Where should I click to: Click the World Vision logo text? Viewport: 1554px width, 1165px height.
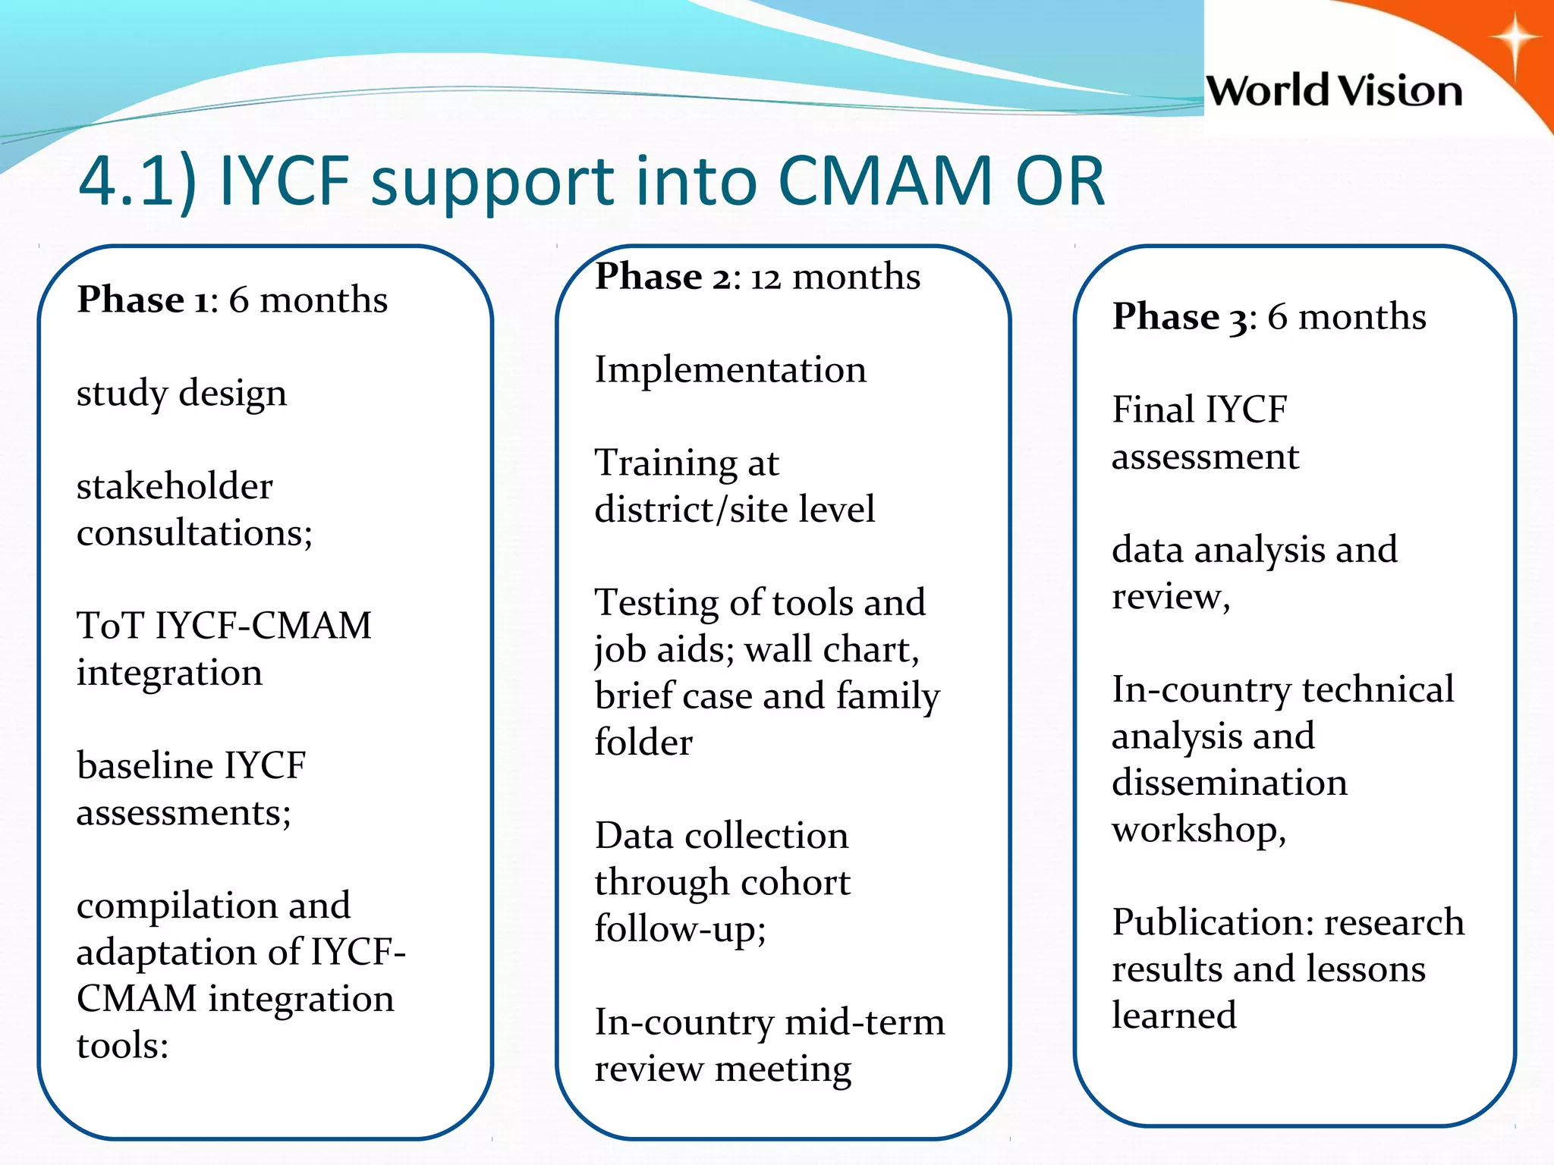(1334, 91)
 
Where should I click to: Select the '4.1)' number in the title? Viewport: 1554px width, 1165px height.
(137, 183)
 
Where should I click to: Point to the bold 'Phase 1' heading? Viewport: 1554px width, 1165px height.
(142, 300)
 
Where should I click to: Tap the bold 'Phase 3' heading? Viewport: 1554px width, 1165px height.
(1179, 317)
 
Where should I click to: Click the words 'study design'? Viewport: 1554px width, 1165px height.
(181, 394)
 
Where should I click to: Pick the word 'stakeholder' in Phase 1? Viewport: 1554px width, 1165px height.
(175, 486)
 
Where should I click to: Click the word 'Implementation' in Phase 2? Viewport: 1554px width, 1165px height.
(730, 371)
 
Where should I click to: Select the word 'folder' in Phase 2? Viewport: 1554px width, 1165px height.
(643, 743)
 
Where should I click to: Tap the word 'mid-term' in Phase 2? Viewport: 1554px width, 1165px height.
(865, 1022)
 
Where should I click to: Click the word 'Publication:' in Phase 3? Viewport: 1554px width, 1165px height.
(1213, 922)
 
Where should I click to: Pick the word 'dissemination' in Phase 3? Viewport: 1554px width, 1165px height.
(1229, 783)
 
